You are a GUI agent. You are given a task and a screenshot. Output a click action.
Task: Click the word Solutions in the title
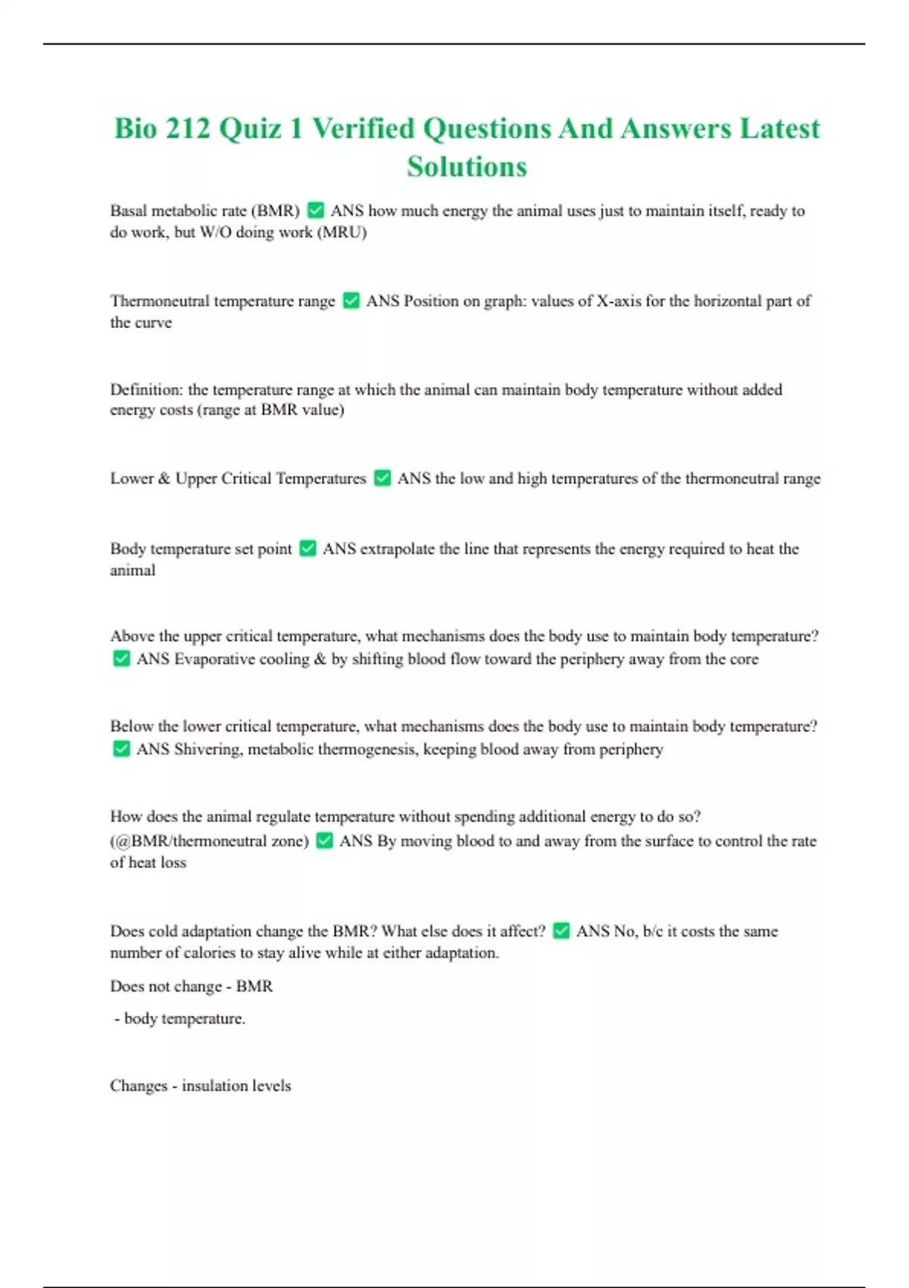(467, 167)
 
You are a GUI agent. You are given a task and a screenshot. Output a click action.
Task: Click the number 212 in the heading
(188, 129)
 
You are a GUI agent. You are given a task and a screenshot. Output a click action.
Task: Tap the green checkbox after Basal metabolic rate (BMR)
(316, 211)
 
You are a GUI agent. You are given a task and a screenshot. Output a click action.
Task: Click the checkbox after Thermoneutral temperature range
(351, 301)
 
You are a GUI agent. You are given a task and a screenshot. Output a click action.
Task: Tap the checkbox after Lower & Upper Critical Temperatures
(383, 478)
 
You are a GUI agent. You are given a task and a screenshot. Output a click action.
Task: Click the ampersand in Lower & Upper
(164, 479)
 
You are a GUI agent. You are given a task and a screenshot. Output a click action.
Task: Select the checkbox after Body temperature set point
(308, 549)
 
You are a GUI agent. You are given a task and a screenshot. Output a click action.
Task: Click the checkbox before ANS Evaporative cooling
(121, 659)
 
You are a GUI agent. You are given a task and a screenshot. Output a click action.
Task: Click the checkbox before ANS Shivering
(121, 749)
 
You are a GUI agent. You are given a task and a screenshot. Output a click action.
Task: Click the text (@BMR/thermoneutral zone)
(209, 841)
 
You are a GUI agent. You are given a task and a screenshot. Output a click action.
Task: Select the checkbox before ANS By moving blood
(324, 841)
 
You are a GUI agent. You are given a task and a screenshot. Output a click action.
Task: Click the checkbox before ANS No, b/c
(561, 931)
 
